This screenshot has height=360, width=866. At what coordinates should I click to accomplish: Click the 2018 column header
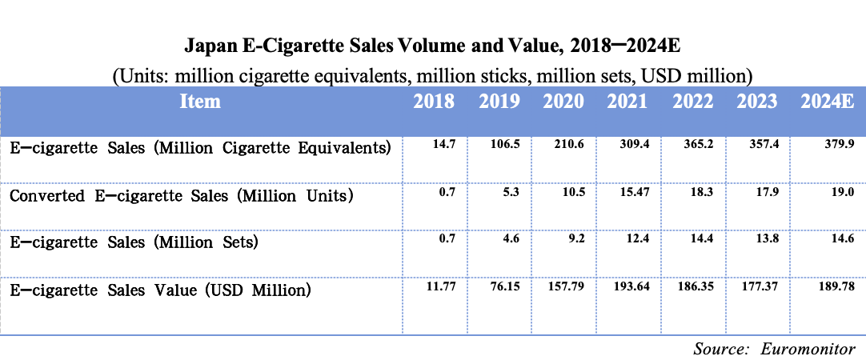[x=435, y=102]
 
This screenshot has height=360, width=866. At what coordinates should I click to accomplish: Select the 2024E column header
[x=828, y=102]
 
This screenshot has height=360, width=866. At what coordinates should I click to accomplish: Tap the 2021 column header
[x=627, y=102]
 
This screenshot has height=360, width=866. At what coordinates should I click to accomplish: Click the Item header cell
[x=200, y=102]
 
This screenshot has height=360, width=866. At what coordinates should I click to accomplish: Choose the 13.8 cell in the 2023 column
[x=766, y=238]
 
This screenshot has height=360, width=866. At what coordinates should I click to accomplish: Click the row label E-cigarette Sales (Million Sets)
[x=134, y=242]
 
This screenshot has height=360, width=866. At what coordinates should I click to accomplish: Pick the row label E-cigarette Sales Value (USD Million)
[x=160, y=289]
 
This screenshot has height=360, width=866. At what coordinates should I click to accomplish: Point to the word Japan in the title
[x=210, y=44]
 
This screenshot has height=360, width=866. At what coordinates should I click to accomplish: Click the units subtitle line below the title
[x=432, y=75]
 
